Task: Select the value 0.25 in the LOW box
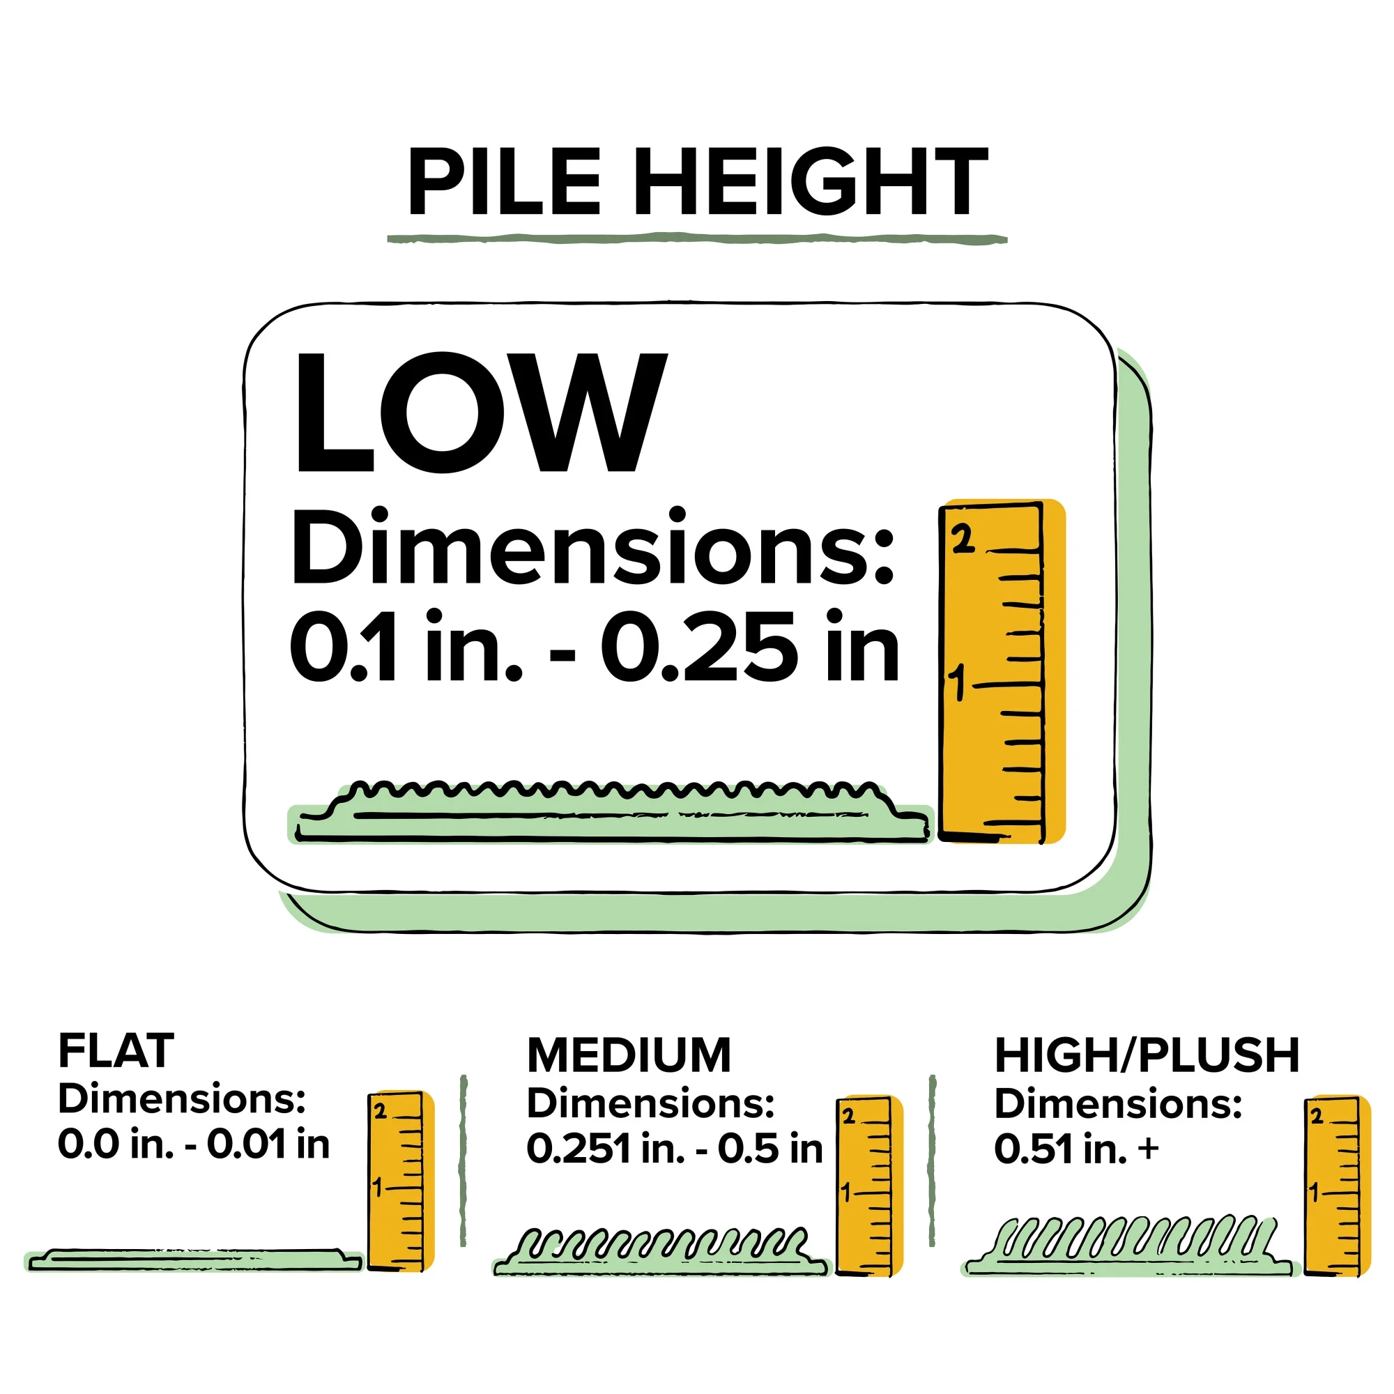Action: (x=699, y=648)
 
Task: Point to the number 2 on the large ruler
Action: (x=963, y=539)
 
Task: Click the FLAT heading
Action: (x=116, y=1050)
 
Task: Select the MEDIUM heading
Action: (x=629, y=1055)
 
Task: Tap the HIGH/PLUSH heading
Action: (x=1147, y=1055)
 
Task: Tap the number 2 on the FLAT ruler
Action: (x=381, y=1112)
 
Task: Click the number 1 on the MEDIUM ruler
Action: (x=847, y=1193)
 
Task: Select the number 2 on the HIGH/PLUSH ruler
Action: (x=1317, y=1117)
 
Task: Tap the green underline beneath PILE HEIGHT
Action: (x=696, y=238)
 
